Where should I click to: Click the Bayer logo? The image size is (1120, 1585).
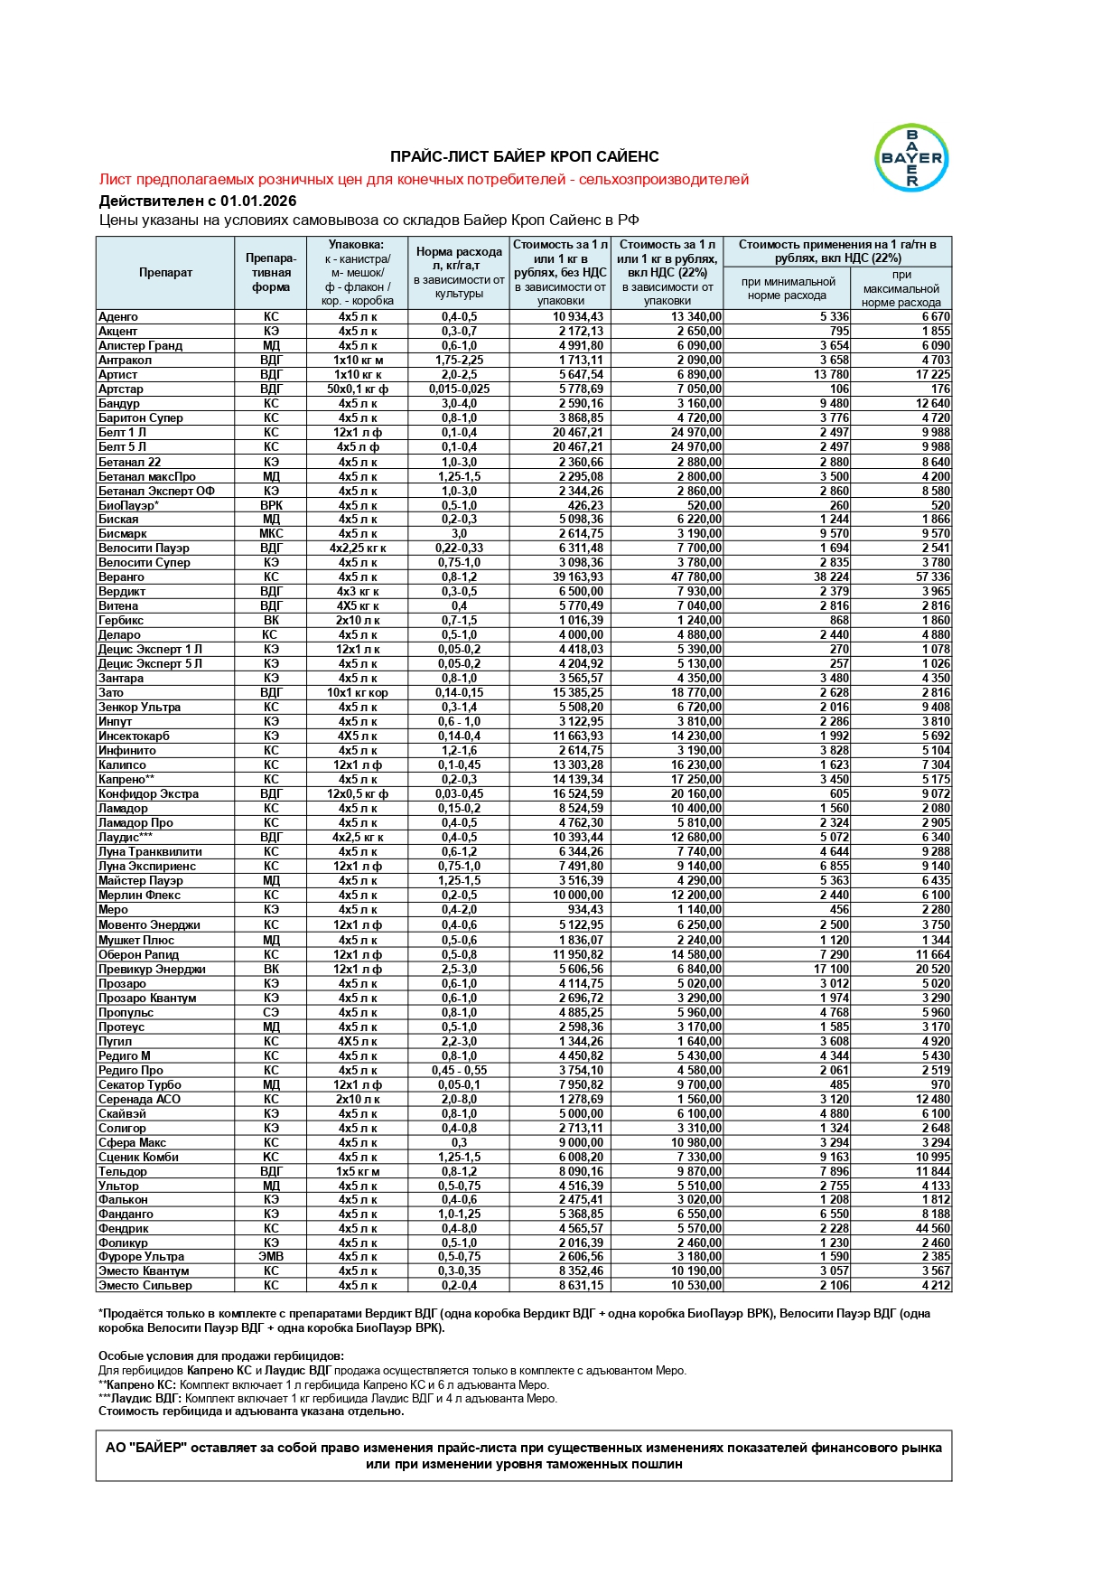(911, 158)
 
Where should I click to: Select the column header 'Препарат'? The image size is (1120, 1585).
(165, 273)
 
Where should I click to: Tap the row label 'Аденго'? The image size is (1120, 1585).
(118, 317)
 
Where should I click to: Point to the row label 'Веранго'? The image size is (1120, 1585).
(121, 577)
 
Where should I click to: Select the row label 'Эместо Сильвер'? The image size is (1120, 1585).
(145, 1285)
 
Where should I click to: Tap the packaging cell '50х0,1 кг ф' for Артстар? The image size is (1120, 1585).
(358, 389)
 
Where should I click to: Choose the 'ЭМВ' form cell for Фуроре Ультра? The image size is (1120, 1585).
(271, 1256)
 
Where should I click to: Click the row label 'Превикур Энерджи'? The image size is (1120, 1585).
(152, 969)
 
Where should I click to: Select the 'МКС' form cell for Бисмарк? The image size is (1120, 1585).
(271, 534)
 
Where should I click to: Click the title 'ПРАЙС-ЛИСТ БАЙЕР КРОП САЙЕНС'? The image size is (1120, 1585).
(524, 157)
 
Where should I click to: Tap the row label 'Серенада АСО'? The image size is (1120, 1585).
(139, 1099)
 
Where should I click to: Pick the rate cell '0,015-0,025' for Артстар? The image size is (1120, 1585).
(459, 389)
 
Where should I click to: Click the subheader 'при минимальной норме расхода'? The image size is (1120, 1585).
(787, 288)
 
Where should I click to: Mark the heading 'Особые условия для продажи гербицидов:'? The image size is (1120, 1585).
(221, 1355)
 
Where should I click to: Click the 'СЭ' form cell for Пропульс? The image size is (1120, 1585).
(271, 1012)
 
